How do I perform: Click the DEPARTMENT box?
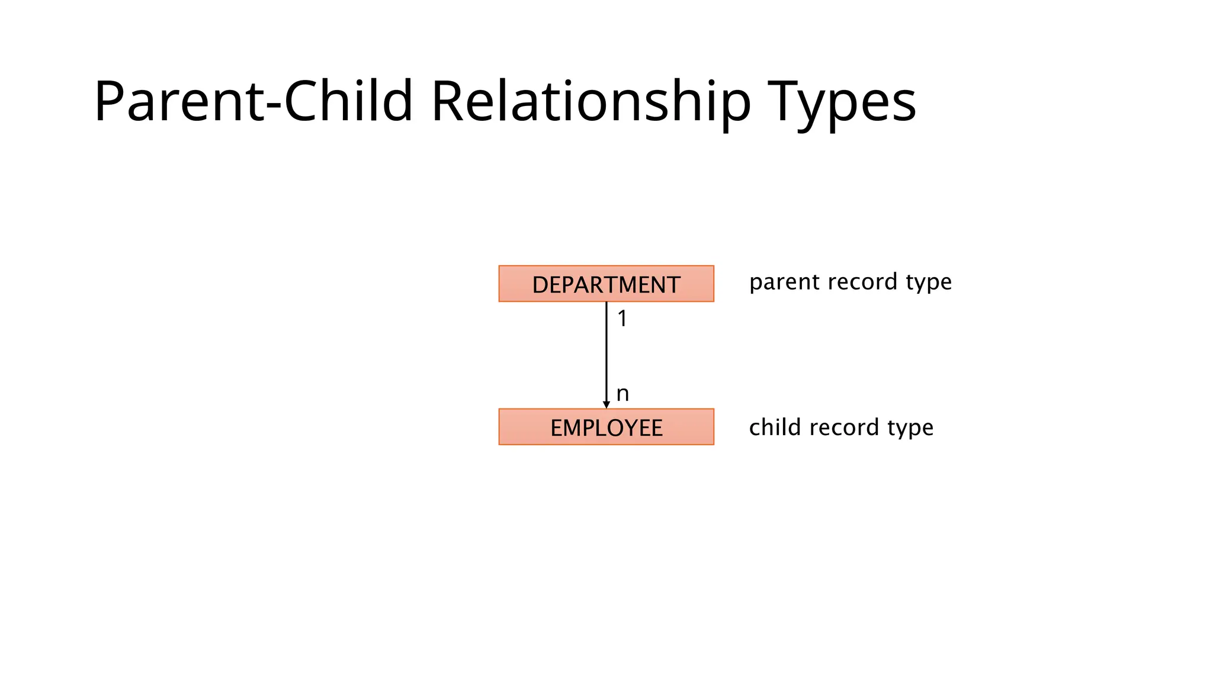tap(606, 284)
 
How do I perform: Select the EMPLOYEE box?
tap(606, 427)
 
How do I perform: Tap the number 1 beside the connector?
tap(622, 319)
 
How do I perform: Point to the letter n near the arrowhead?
tap(622, 394)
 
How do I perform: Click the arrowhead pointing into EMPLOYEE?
tap(606, 405)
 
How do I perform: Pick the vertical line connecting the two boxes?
tap(606, 355)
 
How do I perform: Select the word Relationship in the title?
tap(591, 102)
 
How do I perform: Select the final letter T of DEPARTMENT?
tap(673, 285)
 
